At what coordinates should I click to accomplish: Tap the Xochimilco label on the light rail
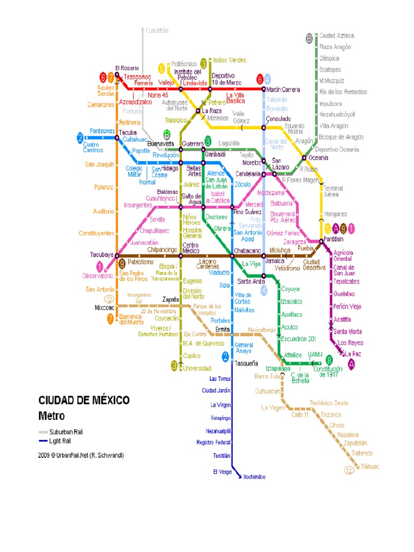(254, 477)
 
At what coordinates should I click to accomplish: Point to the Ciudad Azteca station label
(336, 36)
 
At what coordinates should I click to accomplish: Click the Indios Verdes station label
(230, 60)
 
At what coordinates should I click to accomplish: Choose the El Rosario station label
(126, 68)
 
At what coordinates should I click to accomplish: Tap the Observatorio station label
(98, 276)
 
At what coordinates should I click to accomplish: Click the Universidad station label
(196, 368)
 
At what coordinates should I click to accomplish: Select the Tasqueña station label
(246, 363)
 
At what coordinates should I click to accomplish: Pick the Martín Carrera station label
(284, 89)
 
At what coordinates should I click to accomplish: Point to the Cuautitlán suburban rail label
(157, 31)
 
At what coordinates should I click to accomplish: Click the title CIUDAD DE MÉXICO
(84, 401)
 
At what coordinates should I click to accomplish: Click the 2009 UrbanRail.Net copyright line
(81, 456)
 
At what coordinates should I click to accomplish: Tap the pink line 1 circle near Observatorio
(100, 266)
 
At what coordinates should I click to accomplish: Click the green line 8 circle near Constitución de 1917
(329, 360)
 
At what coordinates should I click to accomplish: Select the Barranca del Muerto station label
(132, 319)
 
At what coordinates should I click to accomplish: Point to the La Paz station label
(353, 354)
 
